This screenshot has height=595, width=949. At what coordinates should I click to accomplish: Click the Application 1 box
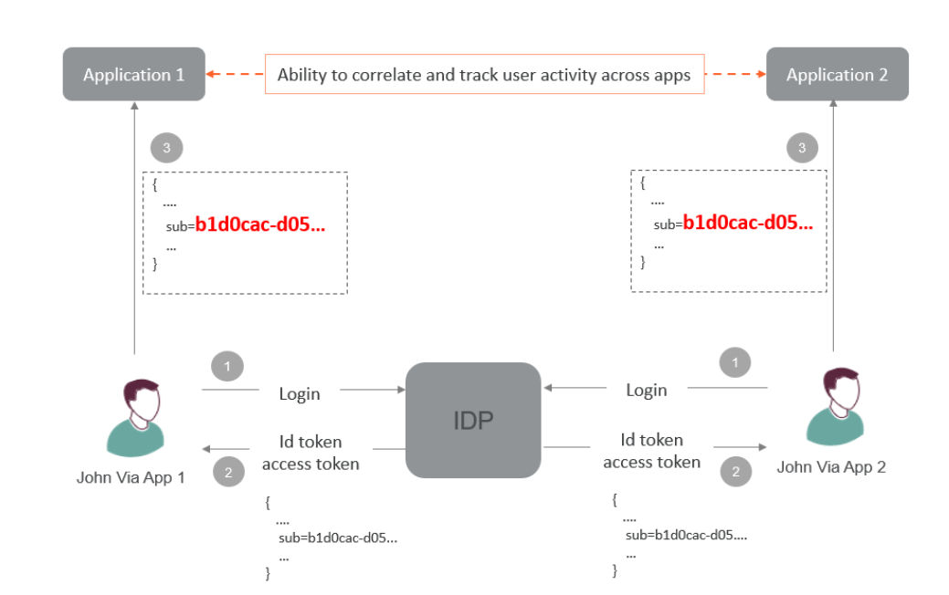click(x=133, y=74)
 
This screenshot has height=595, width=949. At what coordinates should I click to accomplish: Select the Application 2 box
click(x=837, y=74)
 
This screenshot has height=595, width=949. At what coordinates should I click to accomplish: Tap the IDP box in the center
click(x=473, y=420)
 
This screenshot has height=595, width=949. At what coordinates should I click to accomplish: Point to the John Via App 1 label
click(x=131, y=477)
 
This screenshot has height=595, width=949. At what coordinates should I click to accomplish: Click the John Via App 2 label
click(x=831, y=467)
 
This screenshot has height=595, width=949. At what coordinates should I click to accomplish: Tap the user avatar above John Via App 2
click(x=835, y=406)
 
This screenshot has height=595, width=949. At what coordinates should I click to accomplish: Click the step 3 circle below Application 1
click(x=166, y=148)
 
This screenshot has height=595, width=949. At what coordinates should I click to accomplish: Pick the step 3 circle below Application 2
click(x=802, y=148)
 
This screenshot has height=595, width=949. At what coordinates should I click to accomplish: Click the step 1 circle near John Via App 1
click(x=227, y=366)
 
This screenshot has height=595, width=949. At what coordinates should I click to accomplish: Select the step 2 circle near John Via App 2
click(x=736, y=471)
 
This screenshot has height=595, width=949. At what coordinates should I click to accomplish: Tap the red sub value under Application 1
click(x=260, y=224)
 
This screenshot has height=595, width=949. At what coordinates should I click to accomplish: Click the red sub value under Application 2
click(x=748, y=223)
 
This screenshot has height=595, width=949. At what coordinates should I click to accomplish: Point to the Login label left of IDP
click(x=300, y=393)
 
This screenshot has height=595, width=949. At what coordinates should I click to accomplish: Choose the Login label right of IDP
click(x=647, y=390)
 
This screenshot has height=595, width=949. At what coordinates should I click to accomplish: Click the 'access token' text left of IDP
click(x=311, y=464)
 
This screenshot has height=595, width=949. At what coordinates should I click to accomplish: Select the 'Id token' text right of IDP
click(x=652, y=440)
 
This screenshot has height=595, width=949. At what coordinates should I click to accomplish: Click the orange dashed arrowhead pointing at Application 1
click(x=211, y=74)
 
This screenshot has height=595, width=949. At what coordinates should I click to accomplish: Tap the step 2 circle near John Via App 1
click(x=228, y=472)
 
